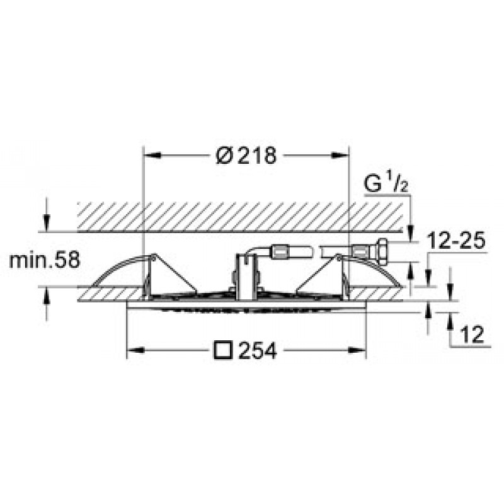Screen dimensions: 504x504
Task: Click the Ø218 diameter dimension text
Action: coord(246,156)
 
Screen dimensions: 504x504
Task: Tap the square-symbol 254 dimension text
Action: coord(245,350)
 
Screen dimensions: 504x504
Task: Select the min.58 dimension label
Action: coord(44,260)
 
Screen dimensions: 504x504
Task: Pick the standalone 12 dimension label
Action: coord(472,335)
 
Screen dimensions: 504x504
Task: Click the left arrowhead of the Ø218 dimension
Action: coord(152,156)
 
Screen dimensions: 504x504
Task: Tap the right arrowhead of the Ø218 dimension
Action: coord(340,156)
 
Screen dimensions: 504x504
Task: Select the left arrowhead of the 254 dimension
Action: coord(136,350)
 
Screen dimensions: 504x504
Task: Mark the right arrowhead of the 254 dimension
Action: coord(357,350)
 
